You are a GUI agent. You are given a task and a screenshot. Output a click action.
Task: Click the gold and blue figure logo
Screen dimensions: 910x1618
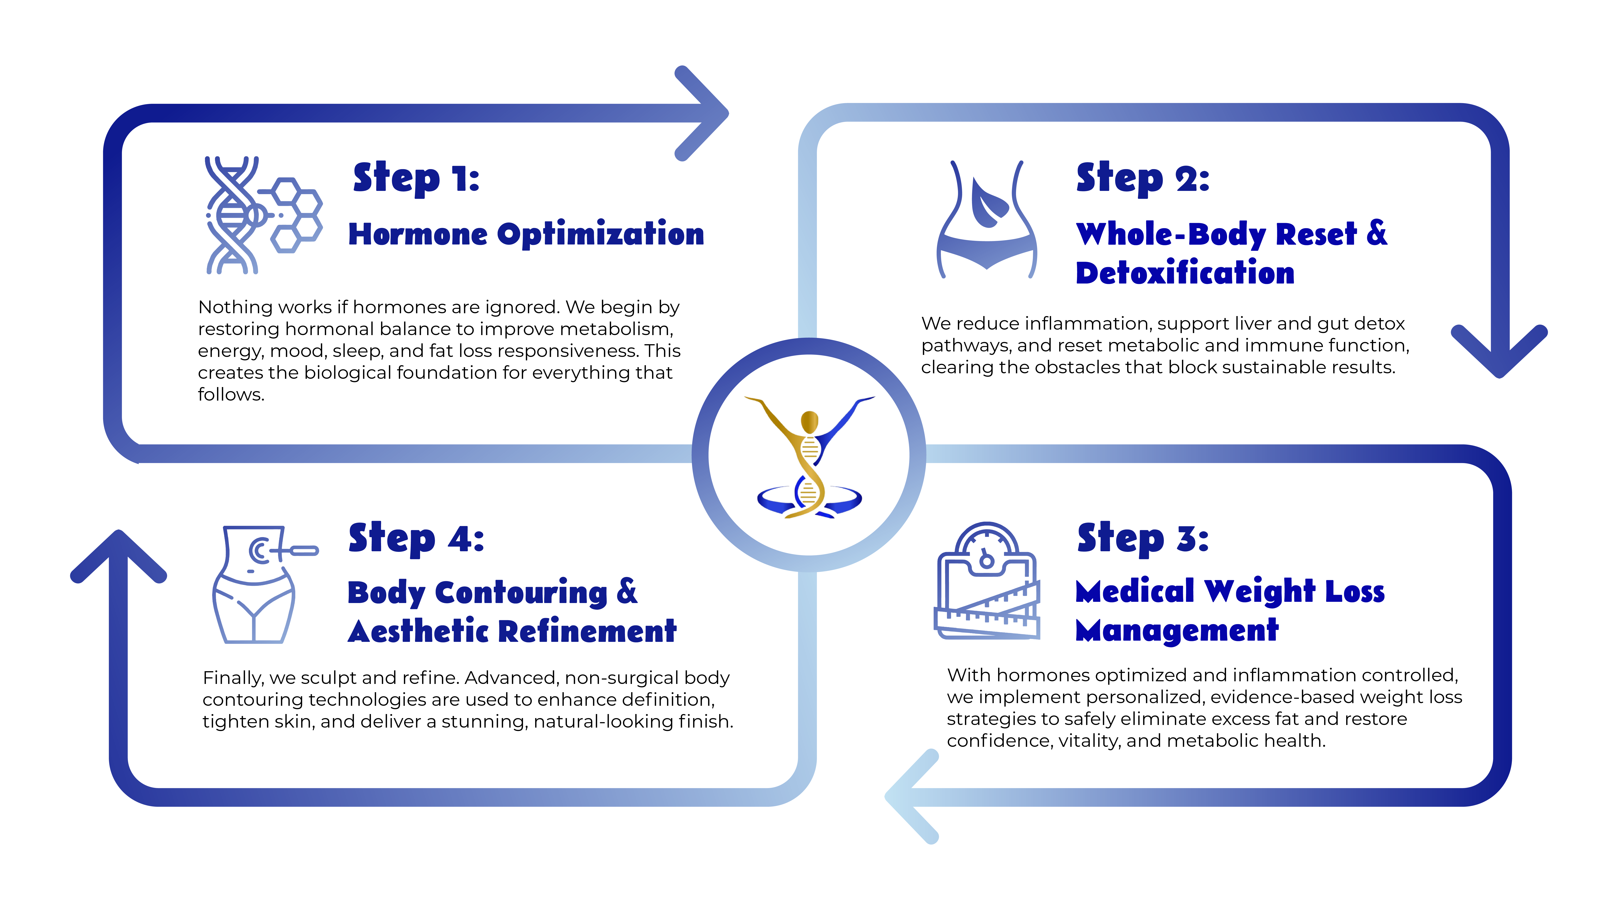(809, 455)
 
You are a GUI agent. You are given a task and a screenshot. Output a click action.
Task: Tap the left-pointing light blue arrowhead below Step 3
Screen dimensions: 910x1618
(911, 796)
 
